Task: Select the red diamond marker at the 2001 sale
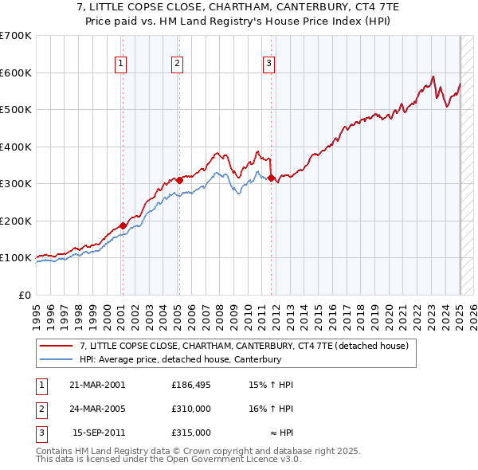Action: tap(123, 225)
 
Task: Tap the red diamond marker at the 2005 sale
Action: tap(179, 181)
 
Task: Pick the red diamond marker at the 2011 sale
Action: tap(271, 178)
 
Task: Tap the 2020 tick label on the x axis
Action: tap(389, 313)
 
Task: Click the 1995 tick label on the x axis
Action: tap(37, 313)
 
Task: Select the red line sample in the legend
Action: tap(58, 346)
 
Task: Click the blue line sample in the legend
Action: tap(58, 360)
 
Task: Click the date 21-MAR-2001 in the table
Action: tap(97, 385)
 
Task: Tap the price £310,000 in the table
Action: tap(191, 409)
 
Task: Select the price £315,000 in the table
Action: tap(191, 433)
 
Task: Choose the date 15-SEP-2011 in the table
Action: tap(98, 433)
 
